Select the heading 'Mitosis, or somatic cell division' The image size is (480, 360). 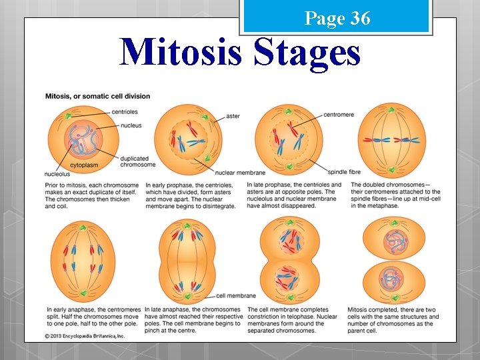click(97, 96)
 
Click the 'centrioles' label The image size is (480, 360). click(125, 111)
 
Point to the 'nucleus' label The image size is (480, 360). click(131, 125)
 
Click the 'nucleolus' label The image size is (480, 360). click(58, 174)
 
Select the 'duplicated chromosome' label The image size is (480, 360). click(137, 161)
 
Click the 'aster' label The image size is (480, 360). click(233, 117)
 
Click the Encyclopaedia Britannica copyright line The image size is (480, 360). click(85, 336)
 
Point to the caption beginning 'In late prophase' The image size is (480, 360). click(294, 195)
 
